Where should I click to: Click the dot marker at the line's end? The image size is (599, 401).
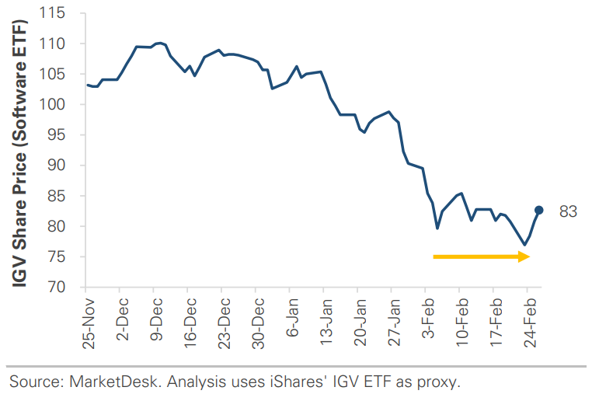pos(539,210)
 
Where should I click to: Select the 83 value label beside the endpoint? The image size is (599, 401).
pos(568,211)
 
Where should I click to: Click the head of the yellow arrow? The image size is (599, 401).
pos(524,256)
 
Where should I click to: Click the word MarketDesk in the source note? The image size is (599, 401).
pos(102,381)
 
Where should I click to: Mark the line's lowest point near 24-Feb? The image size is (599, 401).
pos(524,245)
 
